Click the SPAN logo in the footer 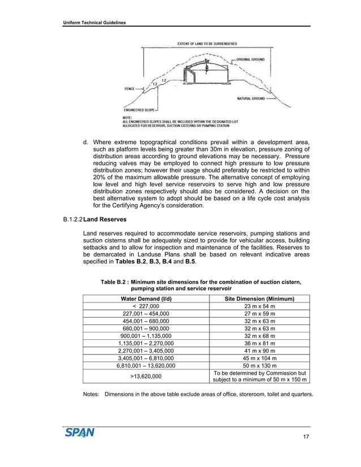[79, 433]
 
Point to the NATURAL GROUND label [251, 98]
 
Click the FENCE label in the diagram [129, 89]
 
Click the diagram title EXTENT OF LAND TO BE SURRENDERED [208, 44]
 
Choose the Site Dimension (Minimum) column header [259, 299]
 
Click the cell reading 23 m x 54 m [259, 306]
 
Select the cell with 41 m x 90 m [259, 351]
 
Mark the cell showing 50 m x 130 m [259, 365]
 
